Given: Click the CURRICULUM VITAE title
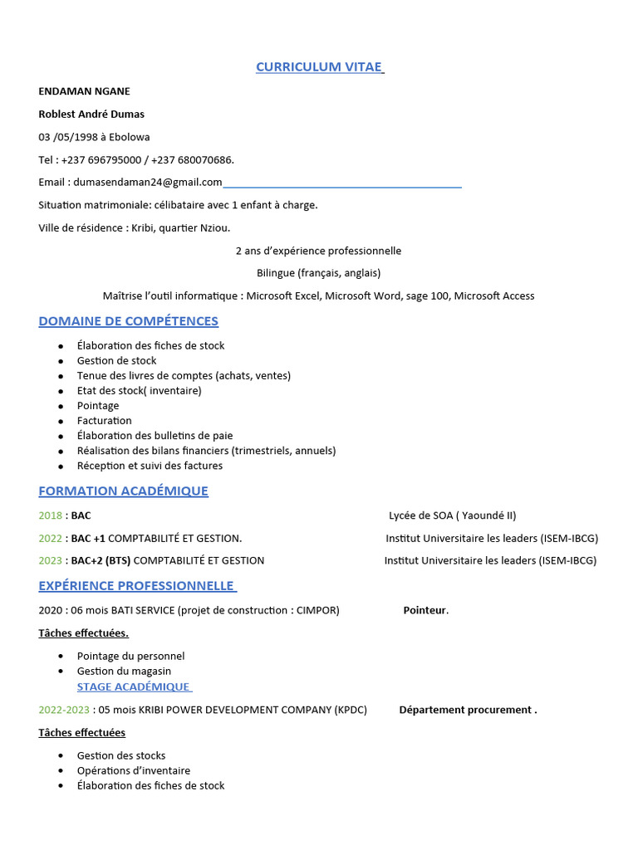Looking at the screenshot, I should point(319,67).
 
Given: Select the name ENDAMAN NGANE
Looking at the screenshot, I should point(84,91).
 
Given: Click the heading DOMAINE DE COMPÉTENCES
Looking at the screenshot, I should point(129,321).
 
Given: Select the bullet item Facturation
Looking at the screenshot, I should point(104,421).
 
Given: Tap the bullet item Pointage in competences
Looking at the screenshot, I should point(98,406).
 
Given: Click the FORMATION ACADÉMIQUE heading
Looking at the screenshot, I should point(124,491).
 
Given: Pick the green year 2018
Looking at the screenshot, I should point(50,515).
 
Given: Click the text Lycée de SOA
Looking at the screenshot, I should point(420,515).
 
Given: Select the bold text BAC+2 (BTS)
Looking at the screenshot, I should point(101,560).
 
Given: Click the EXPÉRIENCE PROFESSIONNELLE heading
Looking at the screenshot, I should point(136,586).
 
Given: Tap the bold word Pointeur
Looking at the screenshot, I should point(425,611).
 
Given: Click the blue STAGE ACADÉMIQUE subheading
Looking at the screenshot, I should point(133,687).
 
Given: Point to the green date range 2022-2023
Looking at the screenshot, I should point(63,710).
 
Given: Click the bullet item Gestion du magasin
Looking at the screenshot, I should point(124,672).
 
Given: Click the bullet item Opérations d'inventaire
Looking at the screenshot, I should point(133,770).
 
